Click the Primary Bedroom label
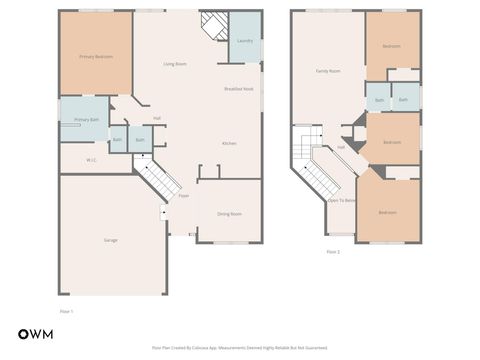(x=96, y=56)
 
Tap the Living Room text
(x=175, y=64)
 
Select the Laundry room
(x=243, y=42)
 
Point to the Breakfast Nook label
(x=238, y=89)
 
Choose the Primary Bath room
(x=86, y=120)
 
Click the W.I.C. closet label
(x=90, y=159)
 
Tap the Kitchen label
(x=228, y=143)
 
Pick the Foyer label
(x=184, y=196)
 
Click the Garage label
(x=110, y=241)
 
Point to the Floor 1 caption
(x=67, y=311)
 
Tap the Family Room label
(x=327, y=71)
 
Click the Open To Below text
(x=341, y=200)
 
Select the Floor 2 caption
(x=333, y=251)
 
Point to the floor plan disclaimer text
(x=239, y=348)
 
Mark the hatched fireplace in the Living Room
(x=212, y=24)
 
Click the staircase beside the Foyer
(x=156, y=182)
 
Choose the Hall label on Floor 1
(x=158, y=118)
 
